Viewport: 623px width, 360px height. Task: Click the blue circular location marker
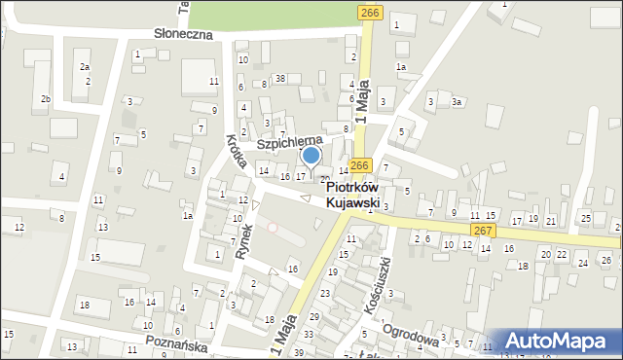tap(311, 155)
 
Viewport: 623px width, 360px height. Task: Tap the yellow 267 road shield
tap(483, 230)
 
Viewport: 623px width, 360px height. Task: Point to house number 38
tap(280, 78)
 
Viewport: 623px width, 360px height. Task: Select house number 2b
tap(45, 99)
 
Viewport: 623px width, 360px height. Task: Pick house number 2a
tap(85, 66)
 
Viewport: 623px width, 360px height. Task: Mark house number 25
tap(586, 216)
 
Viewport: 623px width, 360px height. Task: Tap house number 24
tap(583, 263)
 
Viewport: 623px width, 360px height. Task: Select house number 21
tap(551, 221)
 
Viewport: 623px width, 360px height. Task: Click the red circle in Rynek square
tap(273, 228)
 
